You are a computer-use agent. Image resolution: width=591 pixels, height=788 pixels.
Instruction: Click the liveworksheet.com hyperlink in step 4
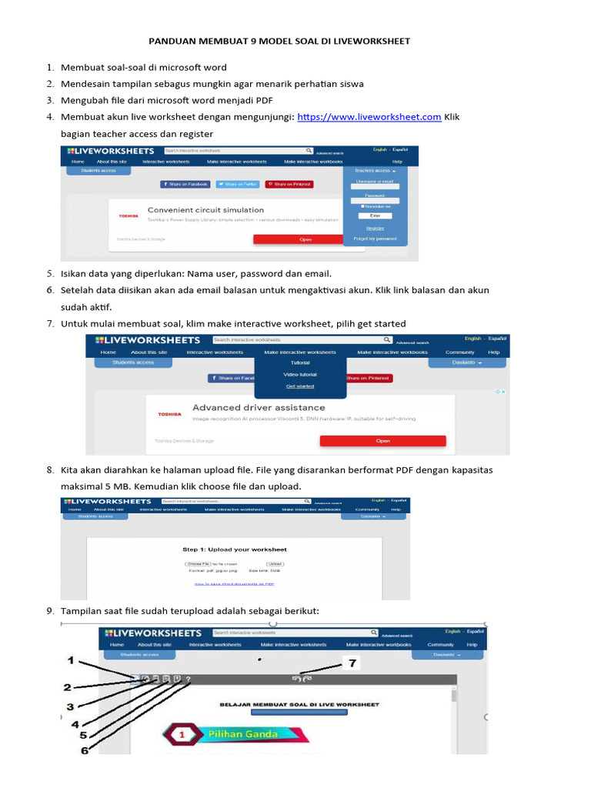(369, 117)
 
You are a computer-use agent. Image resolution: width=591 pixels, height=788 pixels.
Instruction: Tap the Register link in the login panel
(375, 228)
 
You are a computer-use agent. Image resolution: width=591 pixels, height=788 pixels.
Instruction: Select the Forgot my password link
(375, 239)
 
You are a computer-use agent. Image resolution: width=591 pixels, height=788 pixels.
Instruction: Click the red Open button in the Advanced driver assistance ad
(382, 441)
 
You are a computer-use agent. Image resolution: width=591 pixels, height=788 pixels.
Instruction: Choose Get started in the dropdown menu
(299, 386)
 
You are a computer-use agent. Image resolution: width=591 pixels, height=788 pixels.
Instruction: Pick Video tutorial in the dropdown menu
(299, 375)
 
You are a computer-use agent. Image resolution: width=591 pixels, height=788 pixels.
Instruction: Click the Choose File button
(198, 564)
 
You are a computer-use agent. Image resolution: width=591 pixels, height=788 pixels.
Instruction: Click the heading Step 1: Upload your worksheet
(234, 549)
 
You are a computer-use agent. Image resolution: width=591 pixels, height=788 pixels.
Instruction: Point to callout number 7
(353, 663)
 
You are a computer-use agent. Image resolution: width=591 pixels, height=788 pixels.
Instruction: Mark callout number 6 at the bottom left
(84, 751)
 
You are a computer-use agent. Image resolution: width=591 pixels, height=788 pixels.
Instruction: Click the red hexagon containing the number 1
(182, 734)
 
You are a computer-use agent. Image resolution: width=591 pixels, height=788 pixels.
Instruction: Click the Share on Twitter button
(237, 185)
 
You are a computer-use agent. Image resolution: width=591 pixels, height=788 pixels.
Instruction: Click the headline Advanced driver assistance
(259, 407)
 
